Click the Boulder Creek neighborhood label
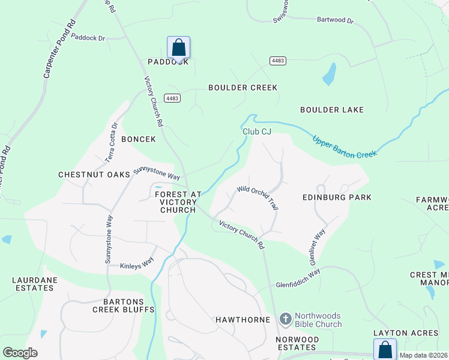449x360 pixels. coord(243,88)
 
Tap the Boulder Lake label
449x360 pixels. coord(332,110)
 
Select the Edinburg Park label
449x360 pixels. coord(336,197)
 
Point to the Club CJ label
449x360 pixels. coord(257,131)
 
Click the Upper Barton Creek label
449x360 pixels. coord(344,146)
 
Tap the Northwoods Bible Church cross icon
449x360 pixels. coord(286,319)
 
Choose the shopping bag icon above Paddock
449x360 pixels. coord(178,47)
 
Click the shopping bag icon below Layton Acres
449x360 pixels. coord(385,350)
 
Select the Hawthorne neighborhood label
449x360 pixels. coord(243,320)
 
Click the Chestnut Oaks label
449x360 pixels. coord(94,175)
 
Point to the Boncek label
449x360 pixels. coord(139,139)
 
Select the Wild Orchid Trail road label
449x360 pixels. coord(258,197)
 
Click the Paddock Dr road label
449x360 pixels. coord(88,38)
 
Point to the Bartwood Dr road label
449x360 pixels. coord(335,20)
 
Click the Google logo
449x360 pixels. coord(20,353)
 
